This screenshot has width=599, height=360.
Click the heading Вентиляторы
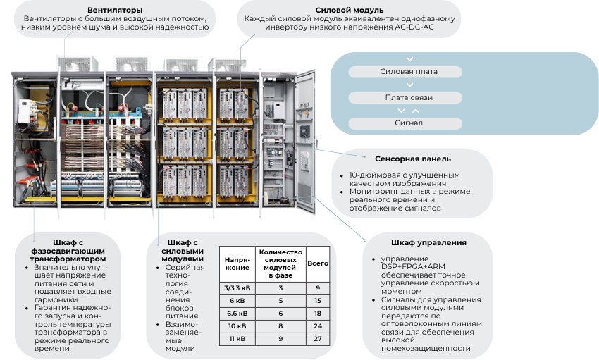click(x=115, y=10)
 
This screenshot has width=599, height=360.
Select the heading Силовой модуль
click(x=350, y=10)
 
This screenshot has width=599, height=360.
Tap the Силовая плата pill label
click(x=409, y=71)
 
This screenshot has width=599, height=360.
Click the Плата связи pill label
click(x=409, y=97)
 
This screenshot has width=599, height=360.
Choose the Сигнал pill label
click(x=409, y=123)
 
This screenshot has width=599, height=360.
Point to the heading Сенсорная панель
click(x=413, y=159)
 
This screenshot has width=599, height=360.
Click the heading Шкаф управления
click(x=428, y=242)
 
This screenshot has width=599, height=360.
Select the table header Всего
click(x=318, y=263)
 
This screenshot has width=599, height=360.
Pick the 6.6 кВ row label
click(x=237, y=314)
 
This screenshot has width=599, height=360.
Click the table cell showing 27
click(x=318, y=339)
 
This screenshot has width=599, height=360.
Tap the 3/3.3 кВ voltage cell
click(x=237, y=288)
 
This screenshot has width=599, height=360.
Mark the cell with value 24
click(x=318, y=326)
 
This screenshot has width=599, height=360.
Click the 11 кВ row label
click(x=237, y=339)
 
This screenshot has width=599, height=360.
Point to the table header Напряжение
click(x=237, y=263)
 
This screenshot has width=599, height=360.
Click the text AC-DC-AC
click(x=414, y=27)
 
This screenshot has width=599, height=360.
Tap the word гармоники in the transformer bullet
click(x=56, y=299)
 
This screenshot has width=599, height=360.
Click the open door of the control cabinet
click(x=305, y=141)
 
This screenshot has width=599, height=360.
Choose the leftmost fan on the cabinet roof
click(x=78, y=63)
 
